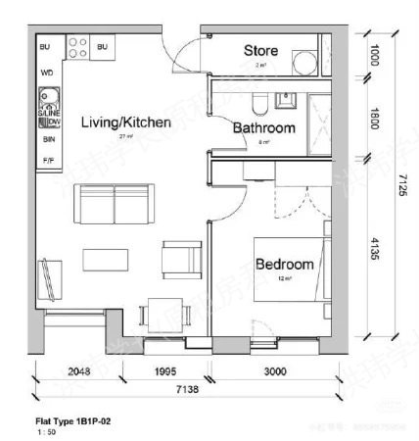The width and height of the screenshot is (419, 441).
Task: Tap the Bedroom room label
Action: click(x=284, y=265)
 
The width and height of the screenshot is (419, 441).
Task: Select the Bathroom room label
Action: click(x=263, y=128)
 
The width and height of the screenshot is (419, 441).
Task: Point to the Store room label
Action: click(x=260, y=50)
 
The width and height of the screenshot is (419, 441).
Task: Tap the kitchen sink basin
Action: click(x=45, y=99)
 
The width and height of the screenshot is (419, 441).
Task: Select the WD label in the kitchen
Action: click(x=46, y=73)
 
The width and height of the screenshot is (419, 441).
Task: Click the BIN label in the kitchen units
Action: click(x=46, y=140)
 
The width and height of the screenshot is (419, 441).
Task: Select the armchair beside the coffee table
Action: click(x=182, y=259)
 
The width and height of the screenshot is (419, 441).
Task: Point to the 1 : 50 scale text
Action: click(x=45, y=430)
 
